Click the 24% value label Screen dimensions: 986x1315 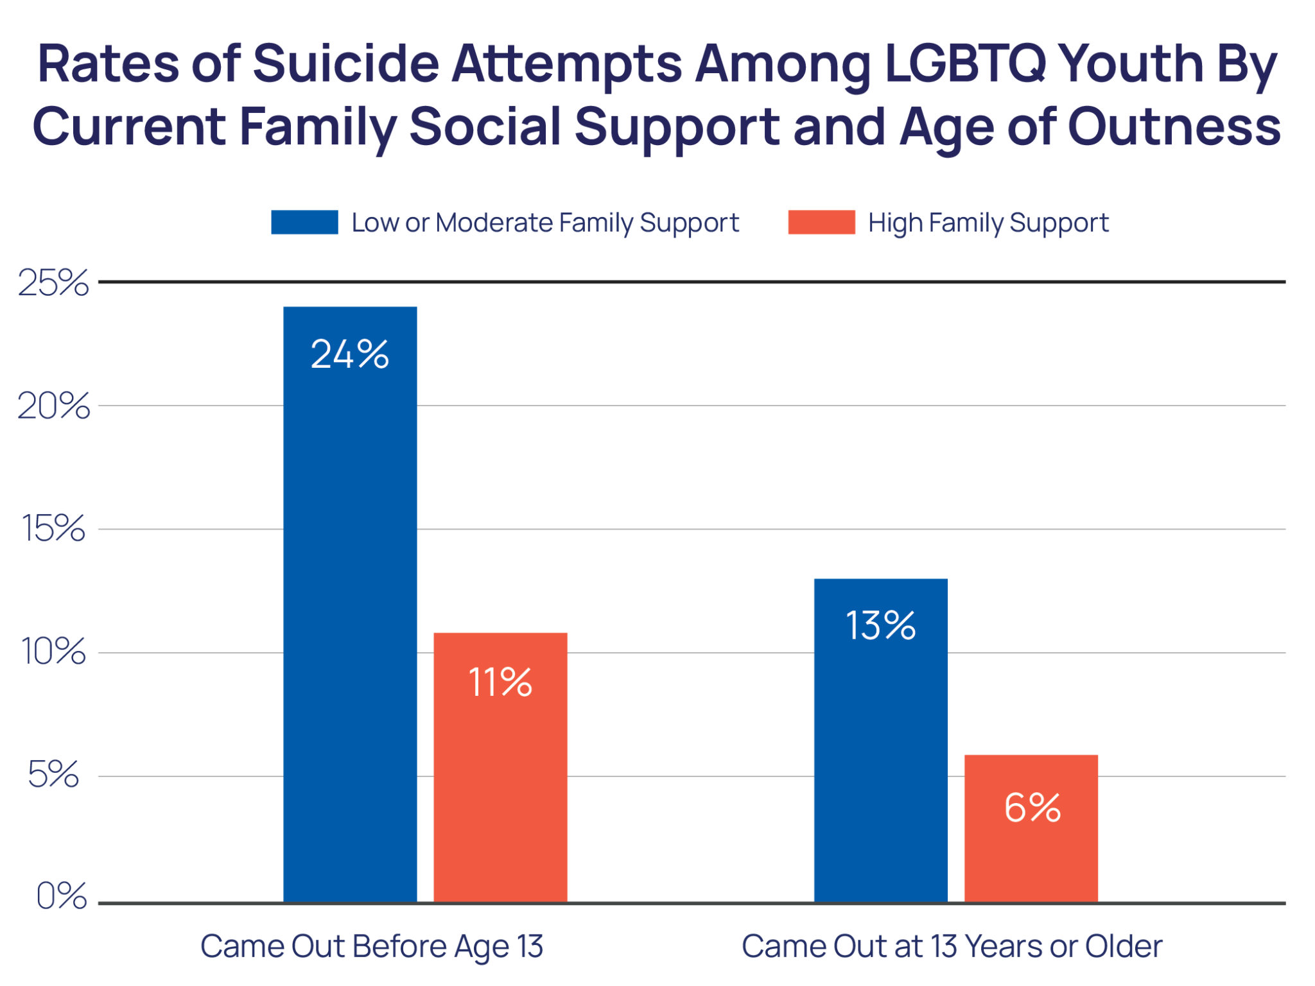click(x=349, y=354)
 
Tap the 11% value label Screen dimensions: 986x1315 click(x=500, y=682)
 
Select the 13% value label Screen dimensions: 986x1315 click(x=880, y=626)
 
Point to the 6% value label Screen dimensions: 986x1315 click(x=1031, y=808)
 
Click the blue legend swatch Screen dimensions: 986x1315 click(x=304, y=223)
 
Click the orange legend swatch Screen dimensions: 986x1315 click(x=821, y=223)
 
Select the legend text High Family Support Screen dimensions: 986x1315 click(x=988, y=223)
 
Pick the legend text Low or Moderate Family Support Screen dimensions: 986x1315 click(x=545, y=223)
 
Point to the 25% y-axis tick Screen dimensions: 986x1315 click(x=53, y=282)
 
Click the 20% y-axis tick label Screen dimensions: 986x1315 click(x=53, y=406)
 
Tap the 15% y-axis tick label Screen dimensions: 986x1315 click(x=53, y=530)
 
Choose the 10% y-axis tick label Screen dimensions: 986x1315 click(x=53, y=652)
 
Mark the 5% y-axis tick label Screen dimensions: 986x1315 click(x=53, y=775)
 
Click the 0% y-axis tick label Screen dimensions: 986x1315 click(x=61, y=896)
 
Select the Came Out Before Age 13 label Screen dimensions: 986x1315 click(x=372, y=947)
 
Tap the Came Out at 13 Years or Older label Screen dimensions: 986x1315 click(x=952, y=947)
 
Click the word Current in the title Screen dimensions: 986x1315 click(x=129, y=127)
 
